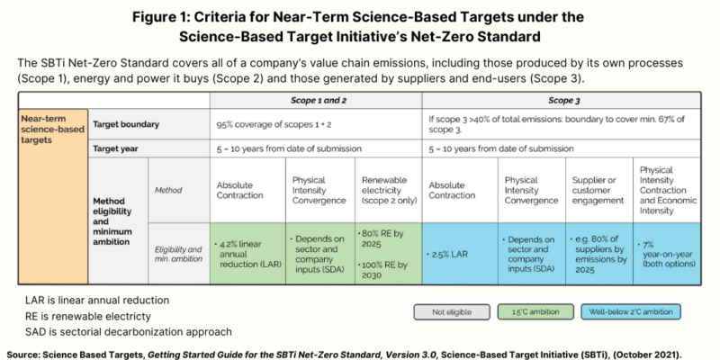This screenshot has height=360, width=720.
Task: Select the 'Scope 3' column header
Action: pos(563,101)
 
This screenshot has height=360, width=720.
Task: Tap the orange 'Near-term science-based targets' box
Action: pos(52,130)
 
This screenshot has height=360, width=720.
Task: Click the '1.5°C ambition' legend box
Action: pos(535,311)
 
